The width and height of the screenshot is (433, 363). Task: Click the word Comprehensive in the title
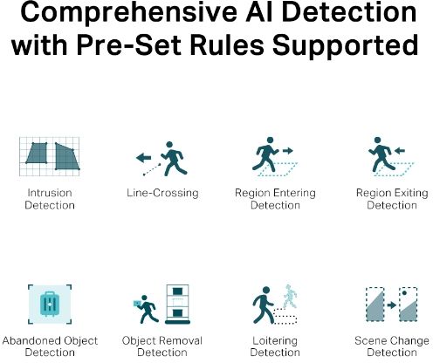[128, 12]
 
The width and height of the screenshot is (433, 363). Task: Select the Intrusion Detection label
[50, 199]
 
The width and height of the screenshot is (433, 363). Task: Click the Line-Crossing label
[162, 193]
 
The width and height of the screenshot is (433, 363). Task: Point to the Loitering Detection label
[275, 346]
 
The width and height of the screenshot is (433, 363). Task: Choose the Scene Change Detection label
[392, 346]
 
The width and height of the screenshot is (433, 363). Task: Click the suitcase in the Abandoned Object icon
[50, 304]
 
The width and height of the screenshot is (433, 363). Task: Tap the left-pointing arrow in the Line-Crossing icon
[143, 158]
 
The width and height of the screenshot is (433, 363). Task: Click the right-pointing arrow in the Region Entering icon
[288, 151]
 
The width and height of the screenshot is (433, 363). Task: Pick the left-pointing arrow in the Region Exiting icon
[400, 151]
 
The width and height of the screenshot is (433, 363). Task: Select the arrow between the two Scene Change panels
[392, 305]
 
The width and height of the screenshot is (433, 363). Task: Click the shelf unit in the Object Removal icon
[177, 304]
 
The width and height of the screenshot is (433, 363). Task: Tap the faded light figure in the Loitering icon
[290, 297]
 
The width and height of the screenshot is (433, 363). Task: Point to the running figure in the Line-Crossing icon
[174, 159]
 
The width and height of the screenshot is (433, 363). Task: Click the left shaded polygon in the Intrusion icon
[37, 153]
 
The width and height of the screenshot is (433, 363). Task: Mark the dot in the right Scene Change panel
[404, 293]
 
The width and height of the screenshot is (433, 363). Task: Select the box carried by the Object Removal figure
[137, 303]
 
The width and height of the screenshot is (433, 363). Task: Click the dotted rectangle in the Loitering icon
[285, 316]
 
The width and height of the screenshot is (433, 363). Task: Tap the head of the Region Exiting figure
[377, 140]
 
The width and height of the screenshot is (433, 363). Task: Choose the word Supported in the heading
[345, 46]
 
